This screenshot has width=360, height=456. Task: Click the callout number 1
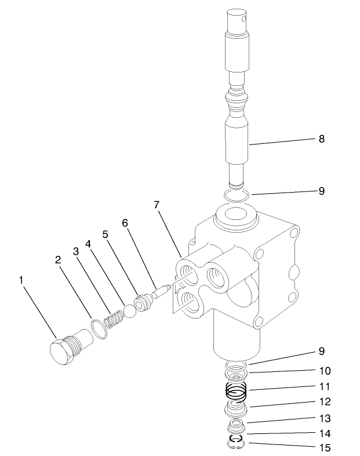[21, 280]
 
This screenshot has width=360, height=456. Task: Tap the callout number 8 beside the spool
[321, 139]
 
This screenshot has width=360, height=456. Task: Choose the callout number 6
[125, 223]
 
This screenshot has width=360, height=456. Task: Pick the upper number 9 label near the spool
[321, 190]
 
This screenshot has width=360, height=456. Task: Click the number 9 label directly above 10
[321, 351]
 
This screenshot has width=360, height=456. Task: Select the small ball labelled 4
[130, 312]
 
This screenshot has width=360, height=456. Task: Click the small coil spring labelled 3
[114, 319]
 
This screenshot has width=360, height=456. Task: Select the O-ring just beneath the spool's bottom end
[237, 194]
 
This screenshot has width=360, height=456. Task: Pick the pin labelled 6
[160, 291]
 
